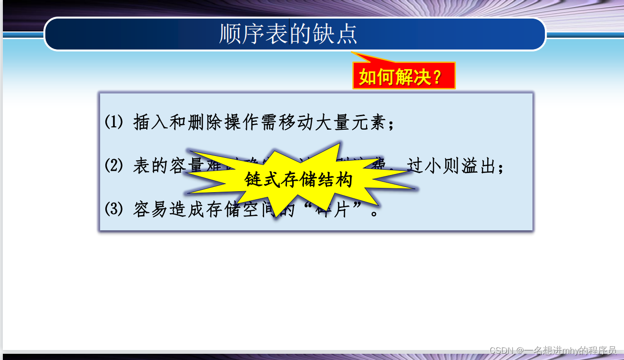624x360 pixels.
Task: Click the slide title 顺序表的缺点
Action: (x=288, y=34)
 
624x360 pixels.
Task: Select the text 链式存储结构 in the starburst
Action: (x=298, y=180)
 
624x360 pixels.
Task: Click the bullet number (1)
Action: (x=113, y=123)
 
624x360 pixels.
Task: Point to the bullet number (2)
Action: (x=113, y=166)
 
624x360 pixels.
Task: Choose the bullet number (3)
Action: (x=113, y=209)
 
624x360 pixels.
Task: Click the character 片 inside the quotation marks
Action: (x=341, y=209)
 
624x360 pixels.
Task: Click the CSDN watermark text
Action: (x=553, y=350)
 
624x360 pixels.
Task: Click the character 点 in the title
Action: (x=347, y=34)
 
